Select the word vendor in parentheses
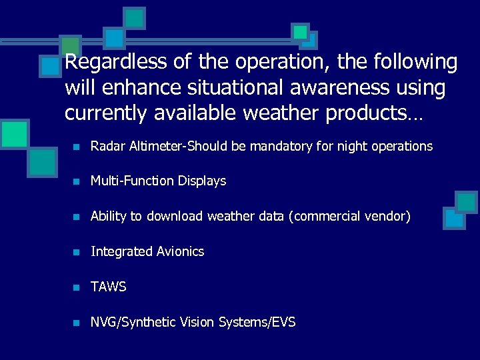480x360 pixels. click(x=387, y=217)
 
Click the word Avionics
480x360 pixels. click(x=180, y=252)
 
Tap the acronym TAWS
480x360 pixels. click(x=108, y=287)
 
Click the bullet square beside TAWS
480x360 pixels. click(x=77, y=288)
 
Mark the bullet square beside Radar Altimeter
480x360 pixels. click(x=77, y=147)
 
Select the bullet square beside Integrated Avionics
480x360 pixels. click(x=77, y=253)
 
